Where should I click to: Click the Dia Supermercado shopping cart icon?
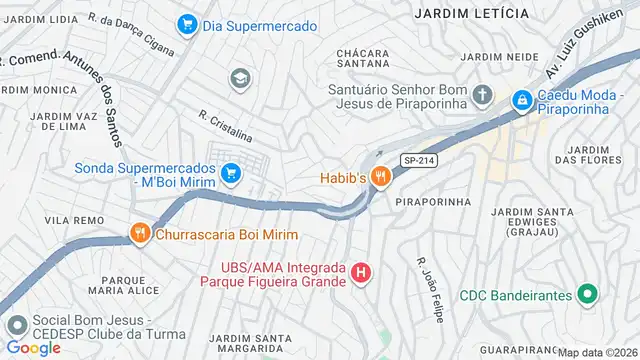[x=186, y=24]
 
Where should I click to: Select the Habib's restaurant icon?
[x=379, y=177]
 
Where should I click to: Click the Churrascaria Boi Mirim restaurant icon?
[x=139, y=234]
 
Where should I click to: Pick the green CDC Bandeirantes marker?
[x=588, y=296]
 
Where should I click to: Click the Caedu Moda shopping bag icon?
[x=521, y=100]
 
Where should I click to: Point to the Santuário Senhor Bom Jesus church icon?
[x=482, y=96]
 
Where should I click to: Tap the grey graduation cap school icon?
[x=239, y=78]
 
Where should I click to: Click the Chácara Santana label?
[x=371, y=58]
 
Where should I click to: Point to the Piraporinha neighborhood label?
[x=433, y=201]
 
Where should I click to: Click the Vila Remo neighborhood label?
[x=69, y=218]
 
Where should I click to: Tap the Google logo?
[x=34, y=347]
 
